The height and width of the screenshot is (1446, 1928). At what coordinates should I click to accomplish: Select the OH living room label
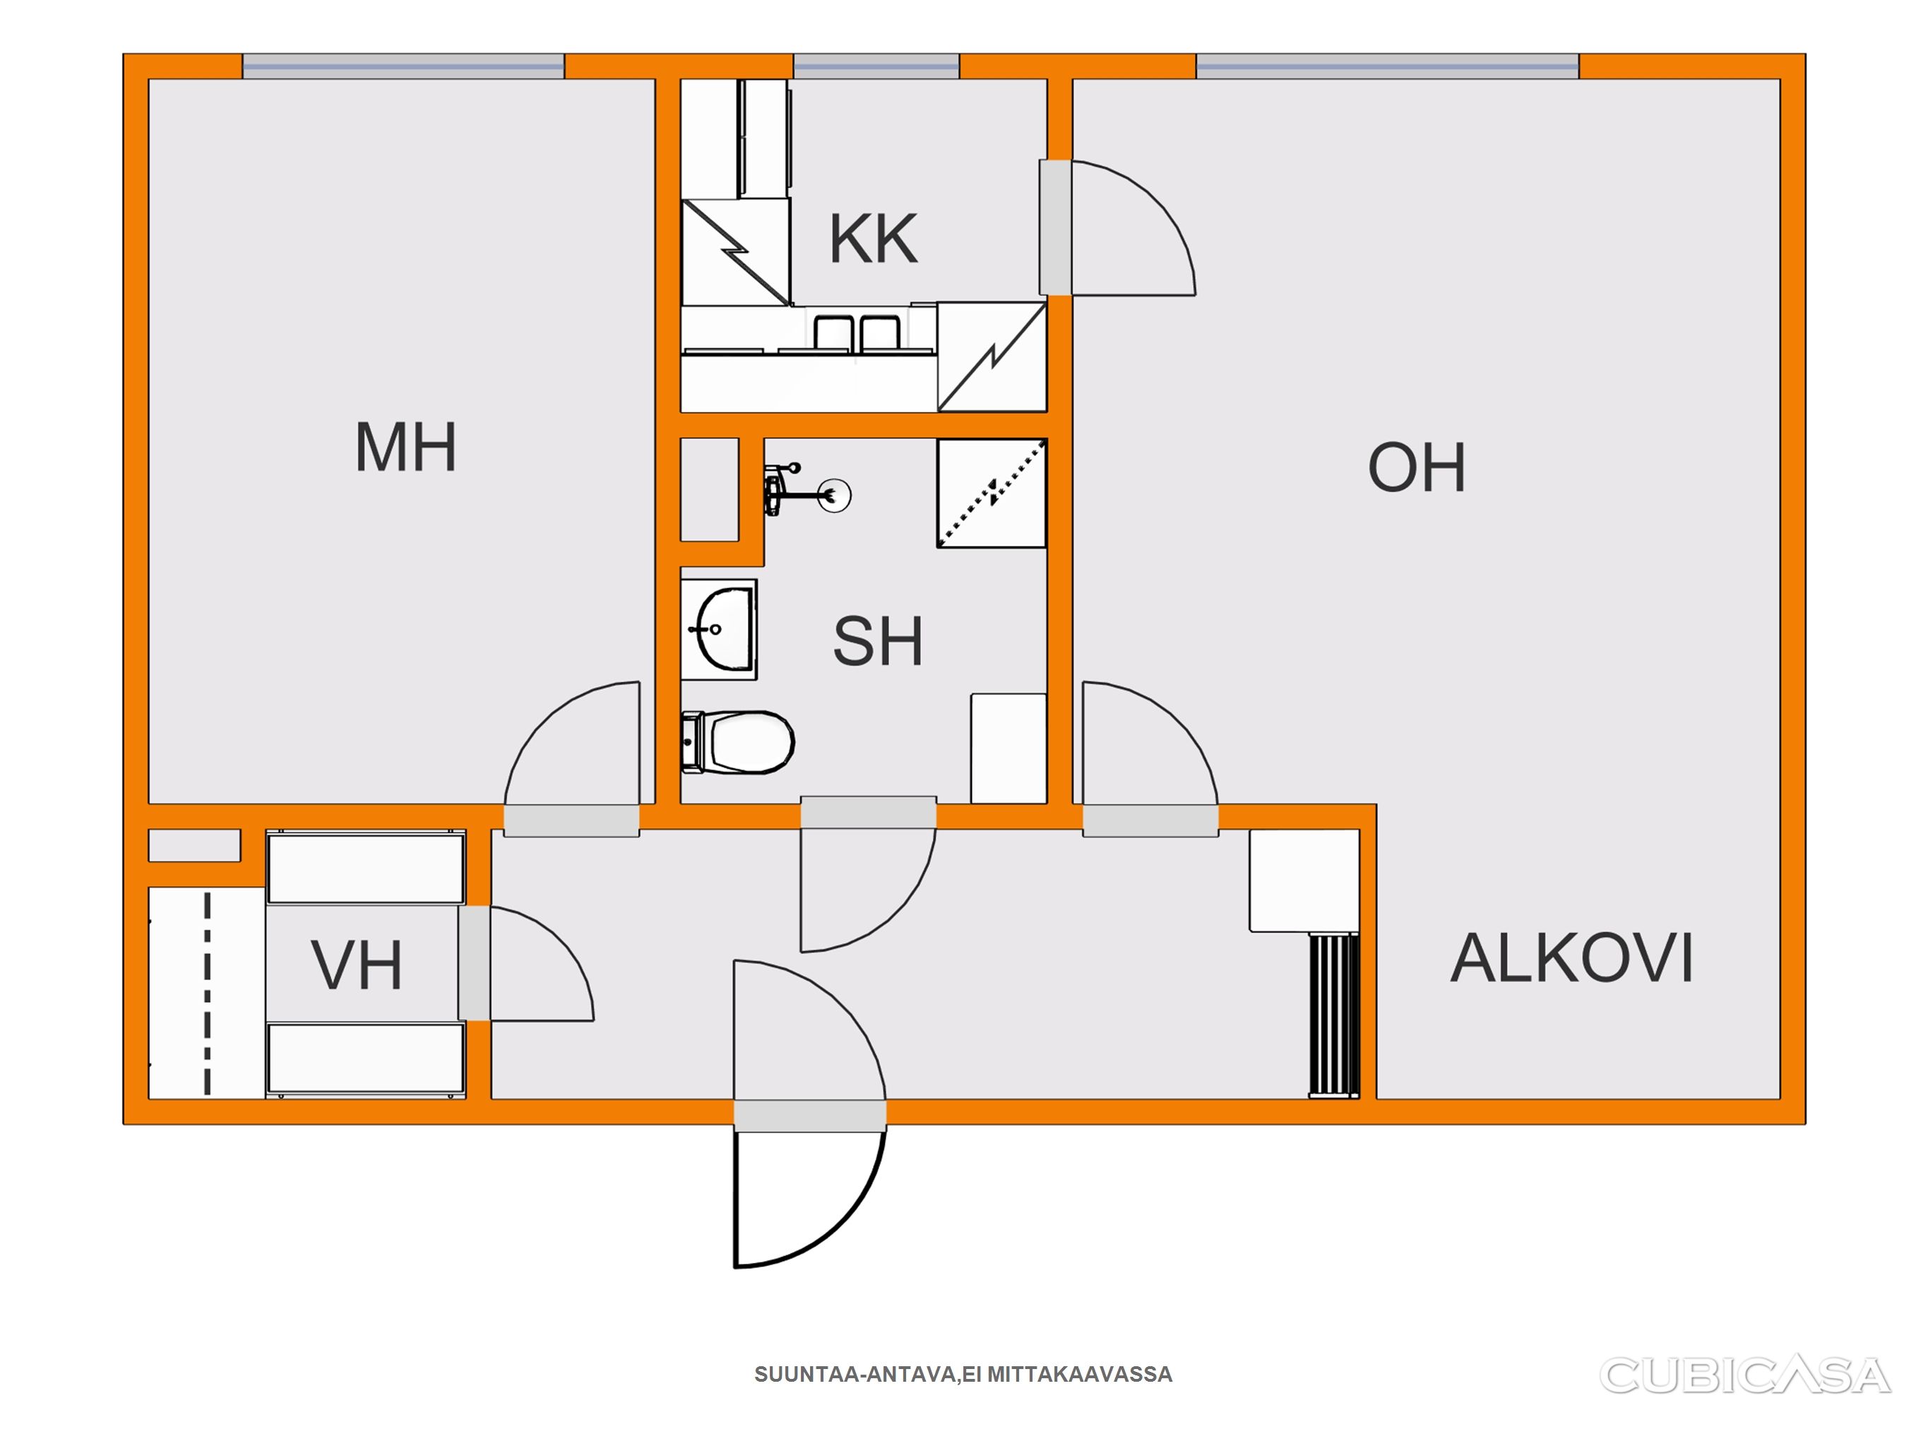[1417, 468]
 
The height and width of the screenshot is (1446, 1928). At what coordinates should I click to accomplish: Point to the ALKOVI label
[1571, 959]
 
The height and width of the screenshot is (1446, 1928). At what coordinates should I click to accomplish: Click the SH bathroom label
[878, 642]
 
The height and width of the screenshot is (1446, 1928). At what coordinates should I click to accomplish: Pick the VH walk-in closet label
[357, 966]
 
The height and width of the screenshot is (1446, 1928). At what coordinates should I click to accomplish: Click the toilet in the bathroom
[737, 743]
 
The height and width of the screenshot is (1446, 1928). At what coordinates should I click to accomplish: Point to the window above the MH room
[403, 66]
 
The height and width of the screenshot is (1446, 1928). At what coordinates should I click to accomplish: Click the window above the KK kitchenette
[876, 66]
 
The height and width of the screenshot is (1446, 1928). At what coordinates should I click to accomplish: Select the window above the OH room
[1387, 66]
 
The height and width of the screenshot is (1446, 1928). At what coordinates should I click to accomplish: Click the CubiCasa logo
[1745, 1375]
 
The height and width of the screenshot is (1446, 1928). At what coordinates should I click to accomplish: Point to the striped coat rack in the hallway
[1333, 1015]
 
